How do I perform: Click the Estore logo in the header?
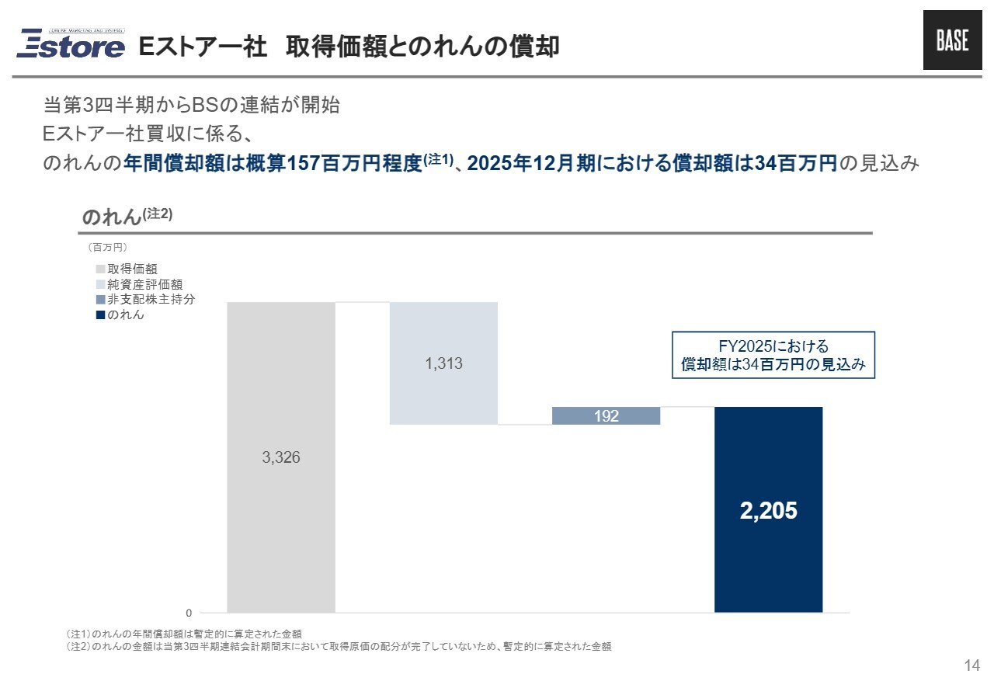71,44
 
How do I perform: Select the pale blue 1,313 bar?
443,388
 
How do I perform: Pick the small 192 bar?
606,416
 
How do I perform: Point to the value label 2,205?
768,510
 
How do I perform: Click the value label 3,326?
280,458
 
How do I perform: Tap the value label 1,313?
443,363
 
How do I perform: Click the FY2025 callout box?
773,356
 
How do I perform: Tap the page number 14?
971,665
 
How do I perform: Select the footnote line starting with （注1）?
184,634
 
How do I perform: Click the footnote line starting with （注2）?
339,646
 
